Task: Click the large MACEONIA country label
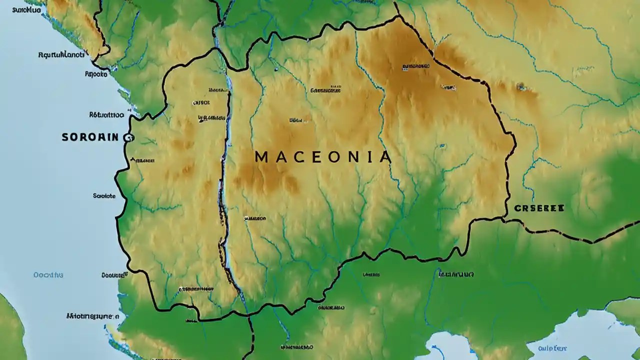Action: [x=322, y=157]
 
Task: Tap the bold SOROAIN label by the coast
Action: [x=90, y=136]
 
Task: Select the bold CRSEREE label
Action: [x=539, y=207]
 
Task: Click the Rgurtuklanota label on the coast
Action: [x=61, y=55]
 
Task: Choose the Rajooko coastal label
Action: [x=96, y=73]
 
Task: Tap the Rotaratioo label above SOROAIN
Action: [x=106, y=114]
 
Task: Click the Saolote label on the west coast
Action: [x=104, y=196]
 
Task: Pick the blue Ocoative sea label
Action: [x=48, y=274]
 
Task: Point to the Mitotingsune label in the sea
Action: [x=92, y=316]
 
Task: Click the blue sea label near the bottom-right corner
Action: [x=552, y=348]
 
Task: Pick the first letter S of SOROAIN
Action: [x=65, y=136]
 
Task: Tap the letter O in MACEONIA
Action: [x=333, y=157]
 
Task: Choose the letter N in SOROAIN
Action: [x=115, y=136]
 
